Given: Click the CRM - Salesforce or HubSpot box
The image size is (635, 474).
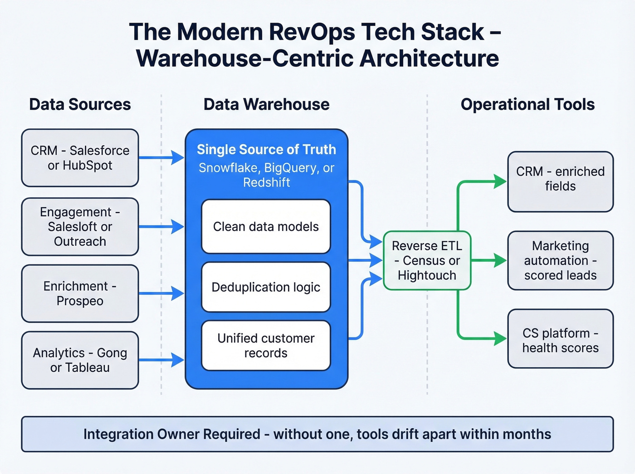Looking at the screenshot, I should pyautogui.click(x=80, y=158).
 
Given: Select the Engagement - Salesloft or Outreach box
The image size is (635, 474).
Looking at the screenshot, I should pyautogui.click(x=80, y=227).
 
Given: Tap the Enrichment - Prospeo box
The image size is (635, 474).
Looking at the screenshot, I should pyautogui.click(x=80, y=293).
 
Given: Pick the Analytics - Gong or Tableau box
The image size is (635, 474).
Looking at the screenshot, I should pyautogui.click(x=80, y=360).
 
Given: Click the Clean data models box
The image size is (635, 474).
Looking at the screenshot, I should pyautogui.click(x=266, y=226).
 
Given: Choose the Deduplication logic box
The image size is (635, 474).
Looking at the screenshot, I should pyautogui.click(x=266, y=287).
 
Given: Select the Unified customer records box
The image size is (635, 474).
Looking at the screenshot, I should pyautogui.click(x=266, y=346).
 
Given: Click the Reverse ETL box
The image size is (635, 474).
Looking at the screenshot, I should pyautogui.click(x=427, y=260).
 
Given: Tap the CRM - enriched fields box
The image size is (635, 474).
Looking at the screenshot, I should pyautogui.click(x=560, y=181).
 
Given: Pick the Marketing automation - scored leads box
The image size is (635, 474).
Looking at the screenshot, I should pyautogui.click(x=560, y=260).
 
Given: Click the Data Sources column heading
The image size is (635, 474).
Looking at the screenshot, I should pyautogui.click(x=80, y=104).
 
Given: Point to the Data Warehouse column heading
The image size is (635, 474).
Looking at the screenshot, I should pyautogui.click(x=266, y=104).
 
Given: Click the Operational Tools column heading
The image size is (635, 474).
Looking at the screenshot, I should pyautogui.click(x=528, y=104).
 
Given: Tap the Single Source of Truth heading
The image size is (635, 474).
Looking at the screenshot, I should pyautogui.click(x=266, y=149).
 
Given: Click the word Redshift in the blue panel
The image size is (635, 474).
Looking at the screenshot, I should pyautogui.click(x=266, y=183).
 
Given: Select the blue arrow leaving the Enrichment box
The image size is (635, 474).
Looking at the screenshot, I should pyautogui.click(x=161, y=293).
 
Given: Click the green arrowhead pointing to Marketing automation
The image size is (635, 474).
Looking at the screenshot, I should pyautogui.click(x=500, y=260).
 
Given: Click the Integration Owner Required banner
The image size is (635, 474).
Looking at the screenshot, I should pyautogui.click(x=317, y=434).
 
